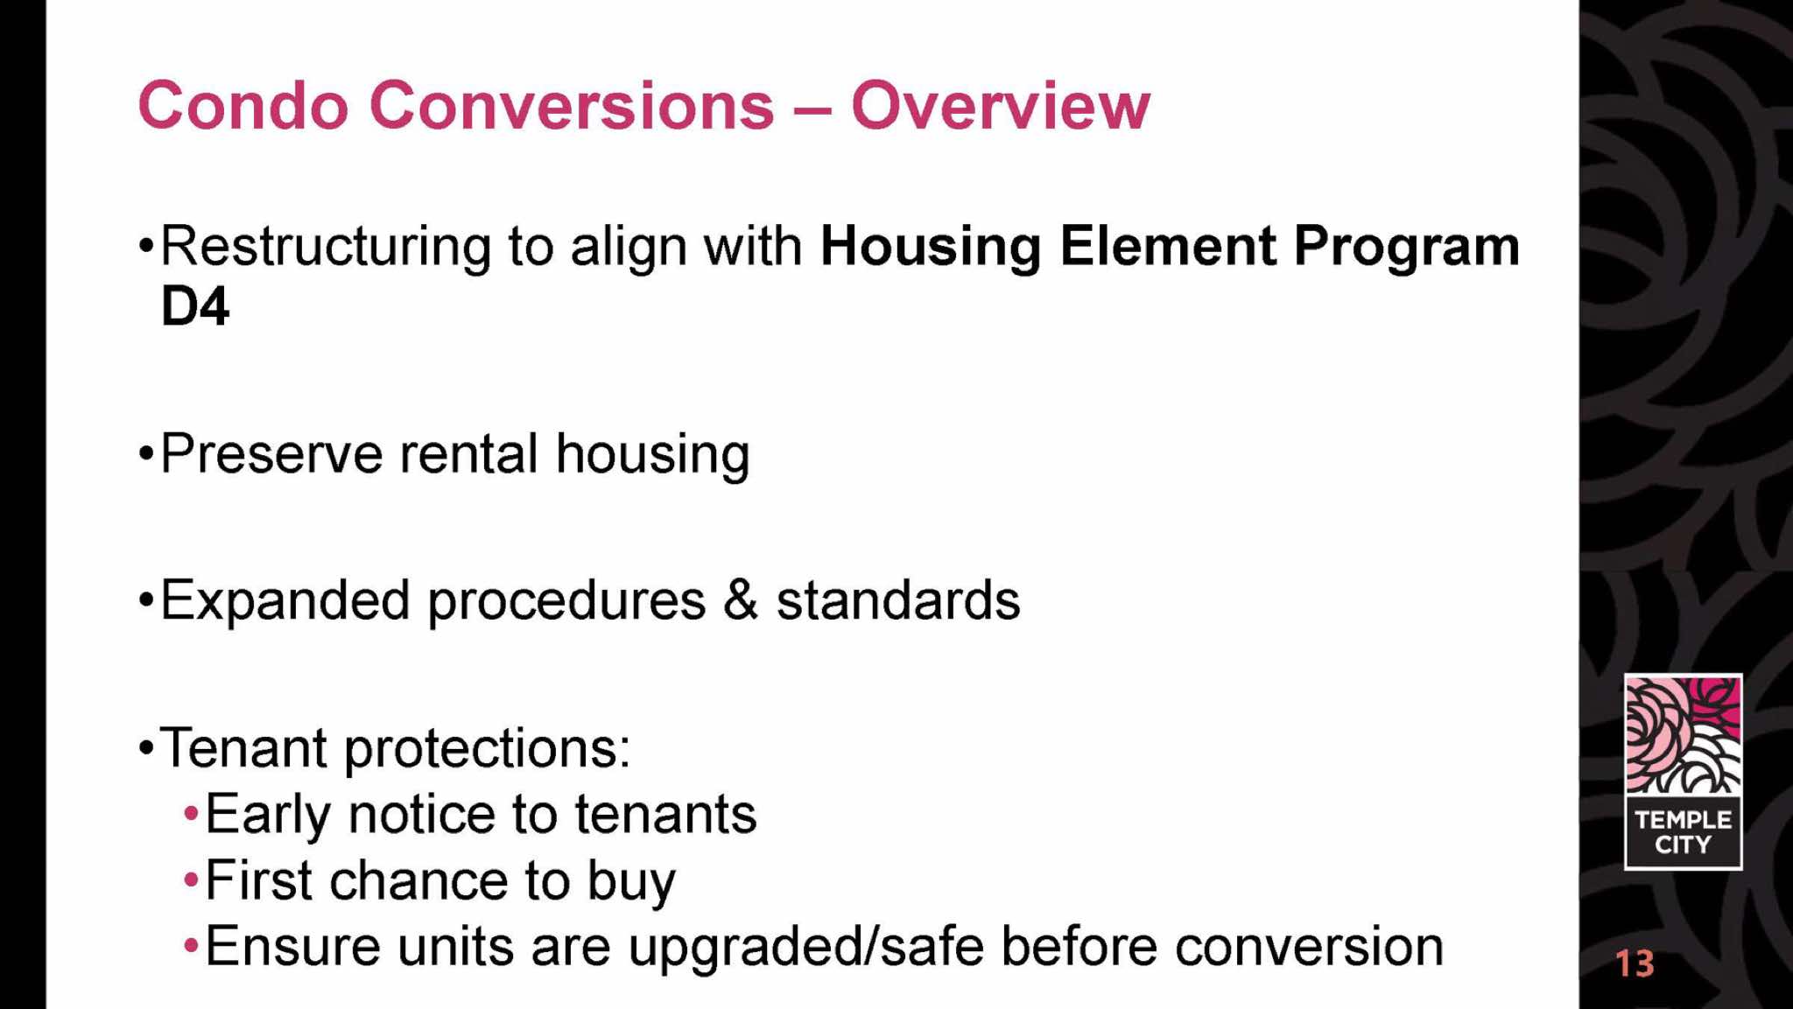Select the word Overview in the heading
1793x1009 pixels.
pos(1001,106)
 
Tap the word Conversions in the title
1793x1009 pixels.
pos(573,106)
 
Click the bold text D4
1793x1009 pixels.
pos(195,306)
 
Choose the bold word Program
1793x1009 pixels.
pos(1406,248)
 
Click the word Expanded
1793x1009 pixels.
pos(285,602)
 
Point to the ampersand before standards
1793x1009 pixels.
pos(741,600)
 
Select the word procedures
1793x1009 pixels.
pos(566,602)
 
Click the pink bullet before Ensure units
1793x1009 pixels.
pos(191,947)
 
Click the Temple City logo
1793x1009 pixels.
pos(1683,772)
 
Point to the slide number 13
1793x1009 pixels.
pos(1635,963)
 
